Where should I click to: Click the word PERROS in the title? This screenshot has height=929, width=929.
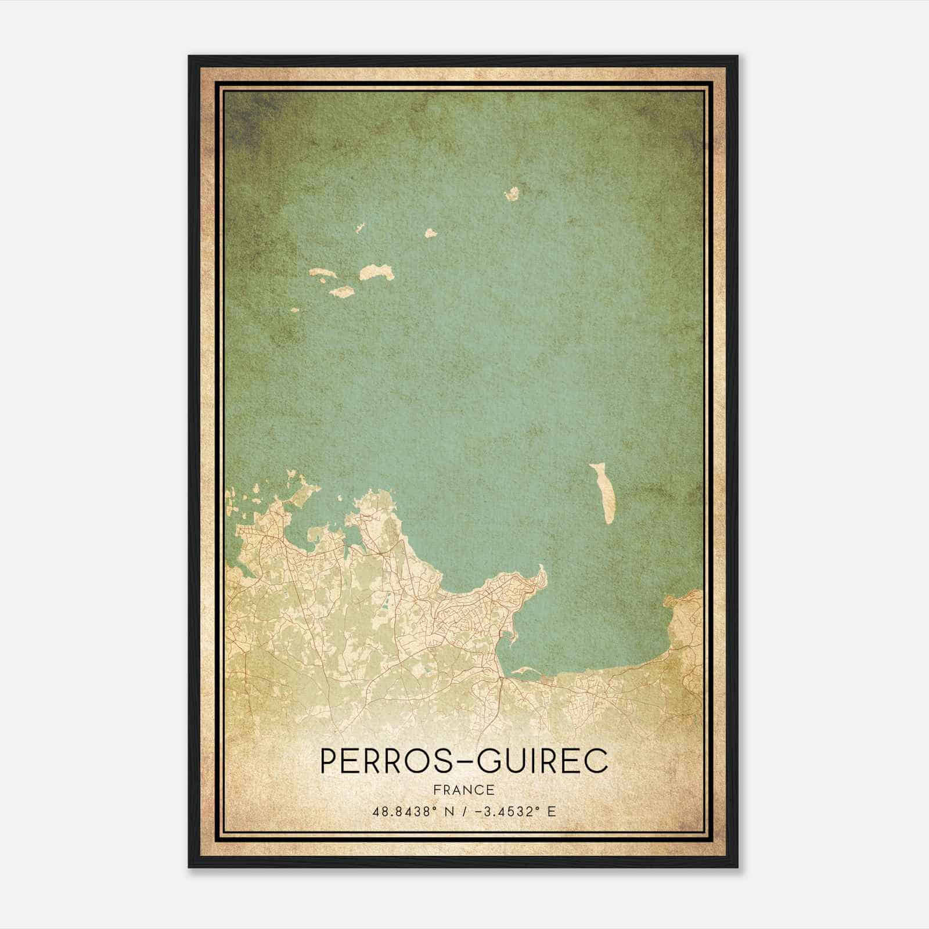click(386, 761)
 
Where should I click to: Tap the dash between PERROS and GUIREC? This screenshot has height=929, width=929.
click(463, 762)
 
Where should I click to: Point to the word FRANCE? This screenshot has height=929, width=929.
click(463, 790)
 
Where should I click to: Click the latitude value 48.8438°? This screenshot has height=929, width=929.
click(405, 811)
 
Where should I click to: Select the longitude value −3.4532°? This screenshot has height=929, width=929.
click(508, 811)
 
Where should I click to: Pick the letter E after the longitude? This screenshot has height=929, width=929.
click(551, 811)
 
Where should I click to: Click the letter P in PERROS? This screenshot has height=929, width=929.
click(329, 761)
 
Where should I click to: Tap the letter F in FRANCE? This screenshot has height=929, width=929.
click(437, 790)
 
